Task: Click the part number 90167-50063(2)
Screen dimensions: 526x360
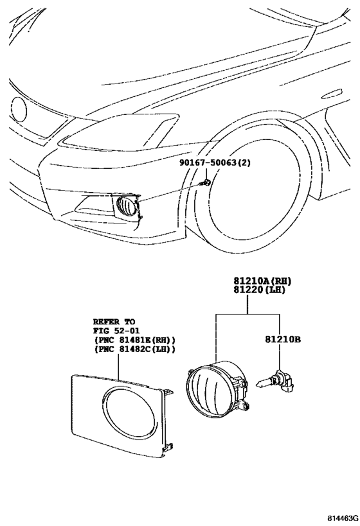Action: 215,163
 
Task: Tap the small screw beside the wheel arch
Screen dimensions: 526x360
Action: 204,184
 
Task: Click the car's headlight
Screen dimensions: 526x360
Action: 119,132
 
